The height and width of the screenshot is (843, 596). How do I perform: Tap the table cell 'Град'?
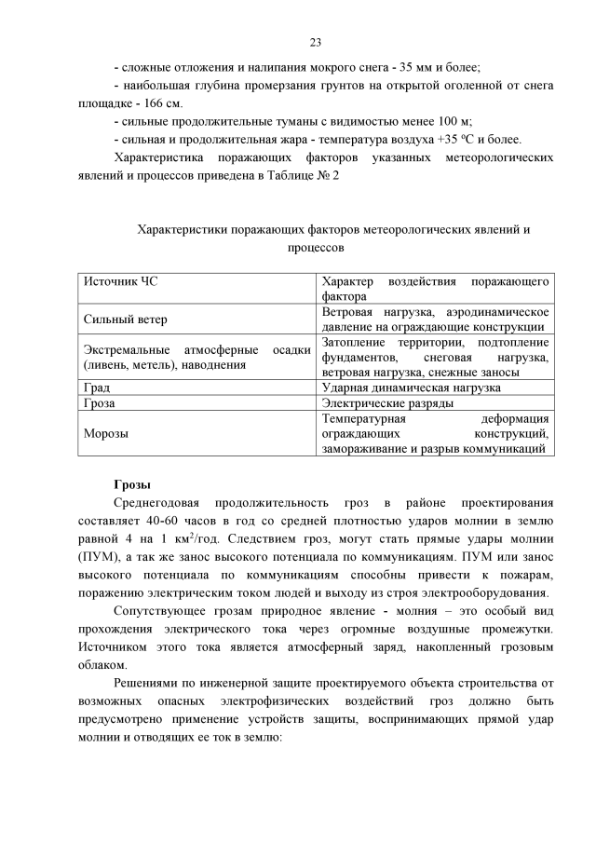[97, 388]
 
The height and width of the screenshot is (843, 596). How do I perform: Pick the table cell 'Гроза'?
[100, 404]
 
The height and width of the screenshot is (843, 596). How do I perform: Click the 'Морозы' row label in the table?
[106, 434]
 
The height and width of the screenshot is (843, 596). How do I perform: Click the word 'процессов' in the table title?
[315, 248]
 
